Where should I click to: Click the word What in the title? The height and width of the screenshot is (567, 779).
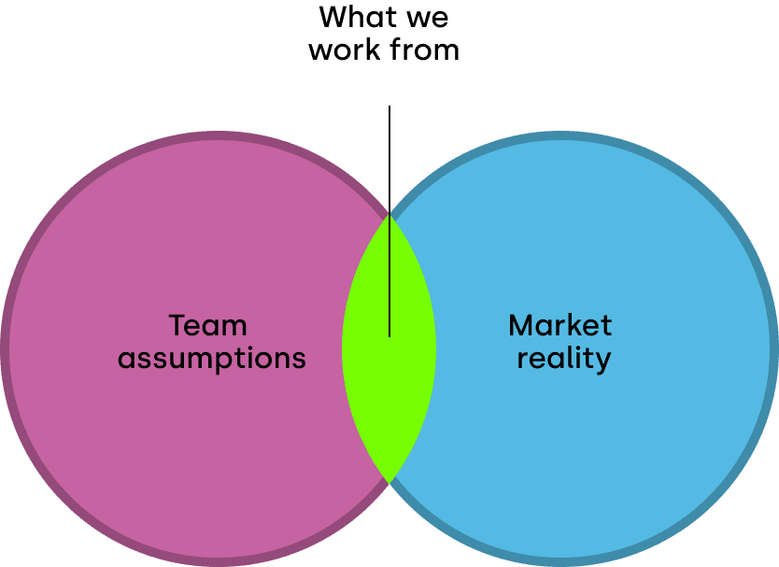(x=356, y=17)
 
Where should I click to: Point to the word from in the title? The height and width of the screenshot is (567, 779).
(x=426, y=50)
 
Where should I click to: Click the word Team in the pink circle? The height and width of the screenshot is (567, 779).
(x=207, y=326)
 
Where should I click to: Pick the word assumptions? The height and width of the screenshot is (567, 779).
(x=212, y=358)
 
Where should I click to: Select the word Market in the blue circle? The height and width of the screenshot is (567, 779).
(x=559, y=326)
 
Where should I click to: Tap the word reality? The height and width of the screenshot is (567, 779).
(x=563, y=358)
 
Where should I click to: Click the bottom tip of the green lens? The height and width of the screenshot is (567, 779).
(x=389, y=481)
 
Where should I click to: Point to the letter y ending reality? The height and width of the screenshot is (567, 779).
(x=602, y=361)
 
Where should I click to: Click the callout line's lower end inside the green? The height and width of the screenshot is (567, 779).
(x=389, y=335)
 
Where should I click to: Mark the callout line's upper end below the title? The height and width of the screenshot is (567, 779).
(x=389, y=107)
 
